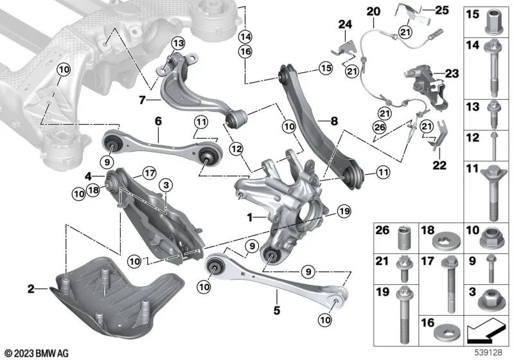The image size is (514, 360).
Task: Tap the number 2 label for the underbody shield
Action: [31, 289]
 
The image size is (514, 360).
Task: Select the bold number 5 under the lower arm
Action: [276, 310]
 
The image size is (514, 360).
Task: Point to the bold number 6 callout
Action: [158, 120]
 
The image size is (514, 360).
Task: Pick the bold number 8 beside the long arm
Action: [334, 120]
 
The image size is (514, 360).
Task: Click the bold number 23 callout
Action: [450, 74]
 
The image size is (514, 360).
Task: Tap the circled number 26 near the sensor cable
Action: [379, 127]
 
